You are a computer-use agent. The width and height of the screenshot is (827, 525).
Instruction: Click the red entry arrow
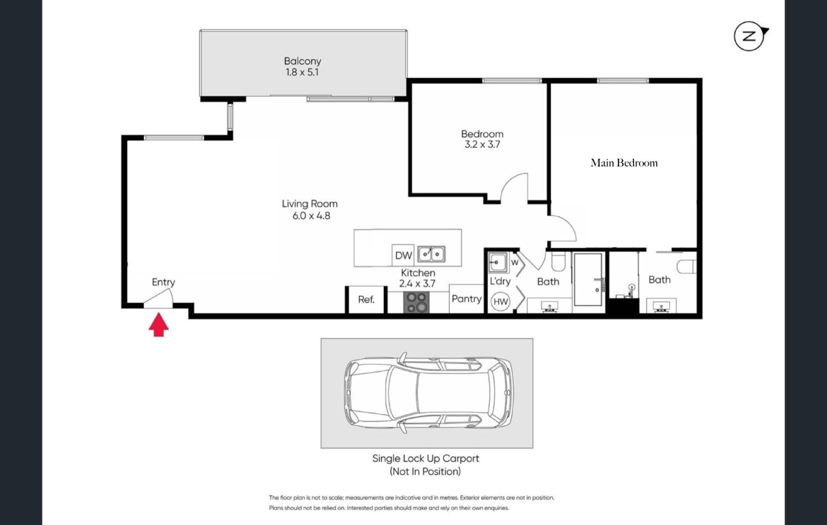tap(159, 325)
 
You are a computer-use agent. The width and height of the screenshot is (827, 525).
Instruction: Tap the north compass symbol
tap(751, 36)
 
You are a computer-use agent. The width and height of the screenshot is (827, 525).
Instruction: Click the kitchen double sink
tap(431, 254)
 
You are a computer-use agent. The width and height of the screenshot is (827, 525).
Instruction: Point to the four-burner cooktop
tap(416, 302)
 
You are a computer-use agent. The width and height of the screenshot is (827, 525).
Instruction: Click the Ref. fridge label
tap(366, 300)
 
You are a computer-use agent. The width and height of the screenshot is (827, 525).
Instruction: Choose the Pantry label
tap(466, 299)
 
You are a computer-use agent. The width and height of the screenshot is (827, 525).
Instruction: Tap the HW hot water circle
tap(500, 302)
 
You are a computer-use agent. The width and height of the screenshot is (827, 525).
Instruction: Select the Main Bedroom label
tap(624, 163)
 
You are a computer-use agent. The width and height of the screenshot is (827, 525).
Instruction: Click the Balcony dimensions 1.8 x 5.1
tap(302, 72)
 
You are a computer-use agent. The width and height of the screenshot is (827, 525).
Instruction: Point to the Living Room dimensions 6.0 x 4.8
tap(311, 216)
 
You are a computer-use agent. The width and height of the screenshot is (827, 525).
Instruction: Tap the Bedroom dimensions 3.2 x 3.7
tap(482, 144)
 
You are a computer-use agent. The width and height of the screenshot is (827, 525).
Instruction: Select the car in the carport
tap(429, 392)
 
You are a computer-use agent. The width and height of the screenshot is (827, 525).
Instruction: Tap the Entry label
tap(163, 282)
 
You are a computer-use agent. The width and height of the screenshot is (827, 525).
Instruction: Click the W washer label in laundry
tap(514, 263)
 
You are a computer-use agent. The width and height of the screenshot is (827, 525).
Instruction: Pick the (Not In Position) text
tap(425, 472)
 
